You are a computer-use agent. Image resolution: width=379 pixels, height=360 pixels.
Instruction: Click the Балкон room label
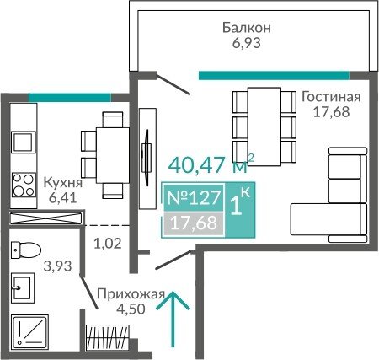[x=247, y=28]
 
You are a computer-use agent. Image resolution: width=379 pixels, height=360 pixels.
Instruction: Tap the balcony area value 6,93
[x=247, y=43]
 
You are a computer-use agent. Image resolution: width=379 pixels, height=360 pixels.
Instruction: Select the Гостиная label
[x=331, y=97]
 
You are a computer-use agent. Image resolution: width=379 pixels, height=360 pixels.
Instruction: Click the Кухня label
[x=63, y=183]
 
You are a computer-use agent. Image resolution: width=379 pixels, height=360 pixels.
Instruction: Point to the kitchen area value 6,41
[x=62, y=198]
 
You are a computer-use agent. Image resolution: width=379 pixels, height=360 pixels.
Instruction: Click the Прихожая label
[x=131, y=295]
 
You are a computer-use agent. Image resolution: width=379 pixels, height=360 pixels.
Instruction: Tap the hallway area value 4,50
[x=131, y=309]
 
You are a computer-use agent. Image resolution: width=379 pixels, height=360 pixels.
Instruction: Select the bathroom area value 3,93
[x=57, y=266]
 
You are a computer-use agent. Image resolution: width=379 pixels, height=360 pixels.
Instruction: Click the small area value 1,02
[x=108, y=244]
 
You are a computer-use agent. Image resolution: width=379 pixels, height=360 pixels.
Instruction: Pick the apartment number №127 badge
[x=194, y=197]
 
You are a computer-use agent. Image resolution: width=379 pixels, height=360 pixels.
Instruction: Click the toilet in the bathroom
[x=26, y=250]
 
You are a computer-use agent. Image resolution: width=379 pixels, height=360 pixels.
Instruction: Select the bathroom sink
[x=23, y=287]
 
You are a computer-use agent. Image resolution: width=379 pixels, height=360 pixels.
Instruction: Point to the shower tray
[x=30, y=330]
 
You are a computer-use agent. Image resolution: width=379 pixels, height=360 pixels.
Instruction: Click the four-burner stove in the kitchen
[x=24, y=185]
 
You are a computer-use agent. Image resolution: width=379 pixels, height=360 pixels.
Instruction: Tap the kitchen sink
[x=24, y=142]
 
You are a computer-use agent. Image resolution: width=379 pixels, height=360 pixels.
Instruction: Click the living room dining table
[x=264, y=126]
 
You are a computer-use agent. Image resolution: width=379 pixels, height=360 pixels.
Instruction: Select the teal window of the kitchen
[x=70, y=98]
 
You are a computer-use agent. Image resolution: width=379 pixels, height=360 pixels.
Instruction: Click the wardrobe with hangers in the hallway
[x=108, y=337]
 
